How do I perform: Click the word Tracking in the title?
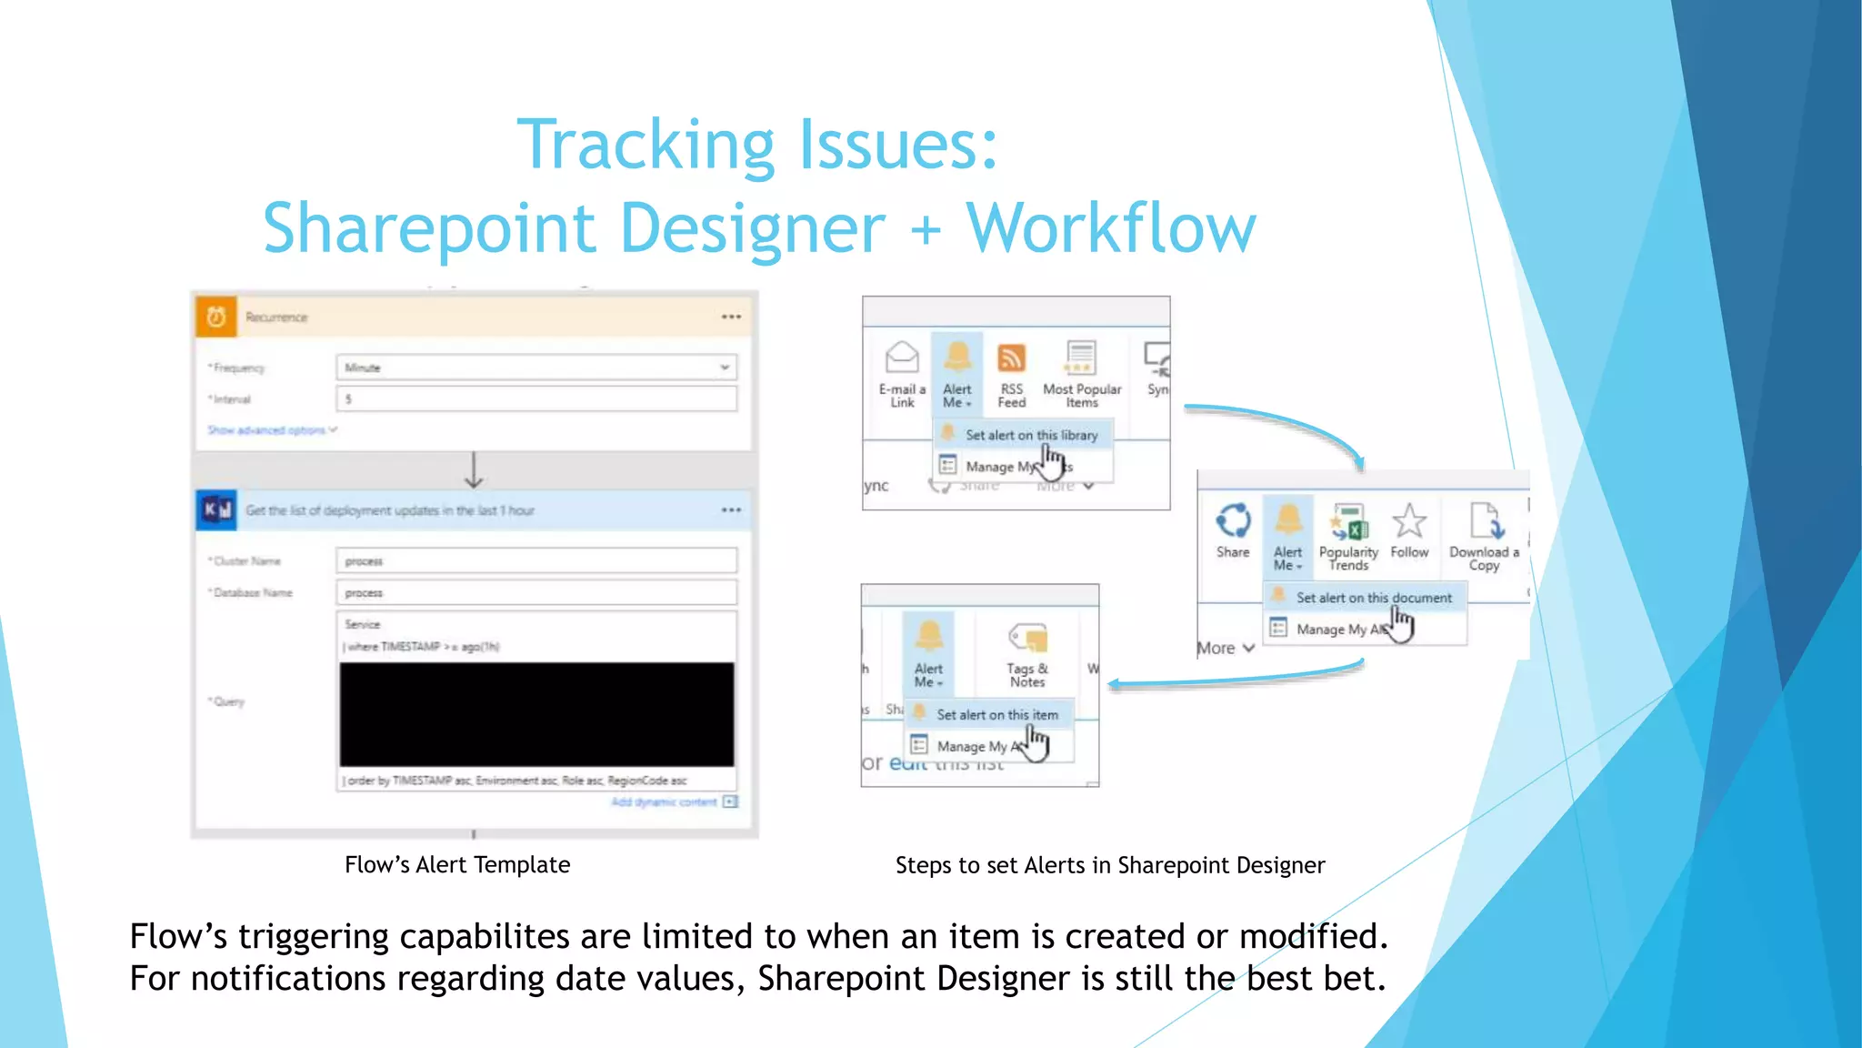tap(645, 146)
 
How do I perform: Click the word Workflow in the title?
tap(1110, 228)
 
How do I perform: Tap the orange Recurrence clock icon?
tap(216, 317)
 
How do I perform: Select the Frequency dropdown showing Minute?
tap(536, 368)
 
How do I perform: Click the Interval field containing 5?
tap(536, 398)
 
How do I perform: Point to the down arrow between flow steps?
tap(474, 469)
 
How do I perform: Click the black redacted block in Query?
tap(536, 714)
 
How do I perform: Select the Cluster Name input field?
tap(536, 561)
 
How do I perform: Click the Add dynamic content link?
tap(665, 802)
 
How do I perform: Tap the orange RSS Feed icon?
tap(1011, 358)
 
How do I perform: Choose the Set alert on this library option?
tap(1031, 435)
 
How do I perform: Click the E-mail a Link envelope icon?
tap(902, 358)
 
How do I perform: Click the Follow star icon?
tap(1409, 521)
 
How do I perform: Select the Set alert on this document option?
tap(1373, 598)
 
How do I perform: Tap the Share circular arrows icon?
tap(1233, 521)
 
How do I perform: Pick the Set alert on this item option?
tap(996, 715)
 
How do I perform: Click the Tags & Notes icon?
tap(1027, 638)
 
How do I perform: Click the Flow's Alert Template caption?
tap(457, 865)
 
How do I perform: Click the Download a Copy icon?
tap(1484, 521)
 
